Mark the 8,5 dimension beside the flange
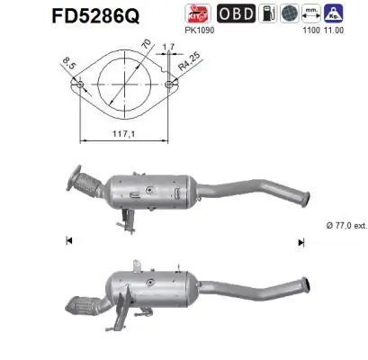point(65,63)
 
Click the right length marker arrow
point(301,241)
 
